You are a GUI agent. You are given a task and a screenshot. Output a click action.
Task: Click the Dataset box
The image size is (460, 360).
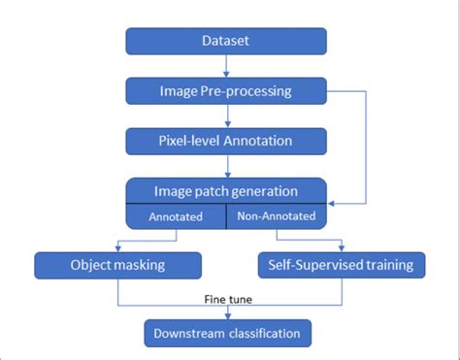(x=226, y=41)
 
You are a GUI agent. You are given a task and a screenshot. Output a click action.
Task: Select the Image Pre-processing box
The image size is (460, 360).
(x=226, y=91)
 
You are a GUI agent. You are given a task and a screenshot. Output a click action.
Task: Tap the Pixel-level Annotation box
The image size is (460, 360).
(x=226, y=142)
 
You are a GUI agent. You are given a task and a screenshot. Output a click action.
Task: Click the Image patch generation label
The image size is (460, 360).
(x=226, y=191)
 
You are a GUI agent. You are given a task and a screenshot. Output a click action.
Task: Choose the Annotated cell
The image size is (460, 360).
(x=176, y=217)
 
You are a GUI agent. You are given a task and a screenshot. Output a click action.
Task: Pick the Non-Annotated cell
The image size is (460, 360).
(x=276, y=217)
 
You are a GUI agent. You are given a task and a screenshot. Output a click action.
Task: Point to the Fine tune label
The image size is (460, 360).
(x=228, y=301)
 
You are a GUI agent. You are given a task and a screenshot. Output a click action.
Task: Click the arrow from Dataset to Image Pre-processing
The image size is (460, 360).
(x=226, y=66)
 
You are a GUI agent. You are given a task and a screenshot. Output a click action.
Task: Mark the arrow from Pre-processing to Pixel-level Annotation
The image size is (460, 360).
(x=226, y=116)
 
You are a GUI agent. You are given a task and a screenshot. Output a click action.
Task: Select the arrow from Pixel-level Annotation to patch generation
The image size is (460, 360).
(x=226, y=167)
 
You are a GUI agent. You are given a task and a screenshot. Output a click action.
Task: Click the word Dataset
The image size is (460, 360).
(x=226, y=41)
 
